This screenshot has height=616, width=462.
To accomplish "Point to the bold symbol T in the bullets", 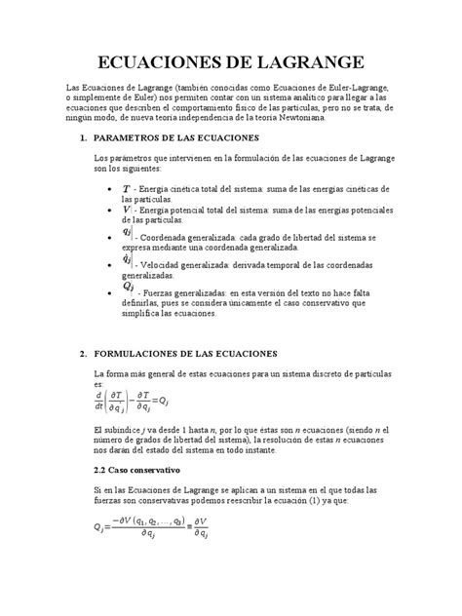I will [x=127, y=187].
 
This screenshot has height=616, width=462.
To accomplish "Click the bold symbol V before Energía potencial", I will [x=127, y=209].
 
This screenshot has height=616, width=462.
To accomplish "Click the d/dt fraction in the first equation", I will [x=99, y=401].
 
